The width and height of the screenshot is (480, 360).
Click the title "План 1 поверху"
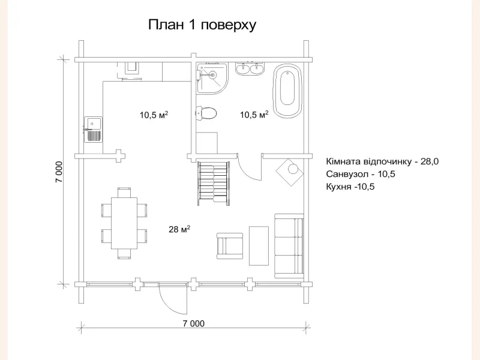click(202, 25)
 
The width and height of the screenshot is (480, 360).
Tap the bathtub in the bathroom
click(287, 92)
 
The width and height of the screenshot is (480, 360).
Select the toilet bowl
click(207, 113)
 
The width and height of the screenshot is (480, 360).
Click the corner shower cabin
click(211, 78)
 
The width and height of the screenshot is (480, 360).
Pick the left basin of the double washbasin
click(244, 70)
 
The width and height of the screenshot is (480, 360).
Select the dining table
click(124, 223)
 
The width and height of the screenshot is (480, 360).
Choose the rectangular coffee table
click(259, 245)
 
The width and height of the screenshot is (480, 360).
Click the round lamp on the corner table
click(292, 169)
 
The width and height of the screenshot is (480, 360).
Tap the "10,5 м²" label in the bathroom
click(254, 115)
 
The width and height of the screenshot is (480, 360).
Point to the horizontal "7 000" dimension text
click(193, 324)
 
